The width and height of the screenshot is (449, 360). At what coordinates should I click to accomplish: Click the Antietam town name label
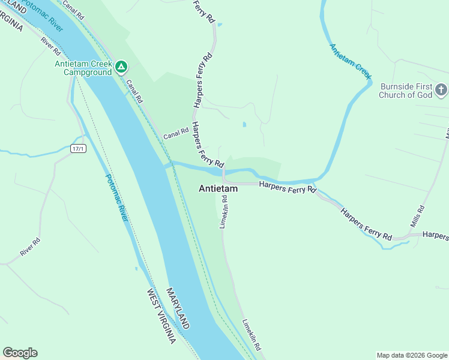[x=218, y=188]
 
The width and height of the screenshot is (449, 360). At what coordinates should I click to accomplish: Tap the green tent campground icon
[x=121, y=67]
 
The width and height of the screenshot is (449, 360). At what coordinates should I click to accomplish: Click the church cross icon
[x=441, y=91]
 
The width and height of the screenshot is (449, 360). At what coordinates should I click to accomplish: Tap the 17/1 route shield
[x=78, y=148]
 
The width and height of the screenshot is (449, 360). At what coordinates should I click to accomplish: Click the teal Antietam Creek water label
[x=350, y=60]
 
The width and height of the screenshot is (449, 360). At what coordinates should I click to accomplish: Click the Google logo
[x=20, y=353]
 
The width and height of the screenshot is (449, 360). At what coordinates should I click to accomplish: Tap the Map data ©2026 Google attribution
[x=411, y=355]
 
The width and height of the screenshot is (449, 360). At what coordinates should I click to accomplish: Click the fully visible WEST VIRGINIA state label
[x=161, y=316]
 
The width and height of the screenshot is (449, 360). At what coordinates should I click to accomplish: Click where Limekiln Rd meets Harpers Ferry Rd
[x=224, y=182]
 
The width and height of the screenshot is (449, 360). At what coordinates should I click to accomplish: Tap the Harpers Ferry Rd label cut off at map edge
[x=435, y=235]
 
